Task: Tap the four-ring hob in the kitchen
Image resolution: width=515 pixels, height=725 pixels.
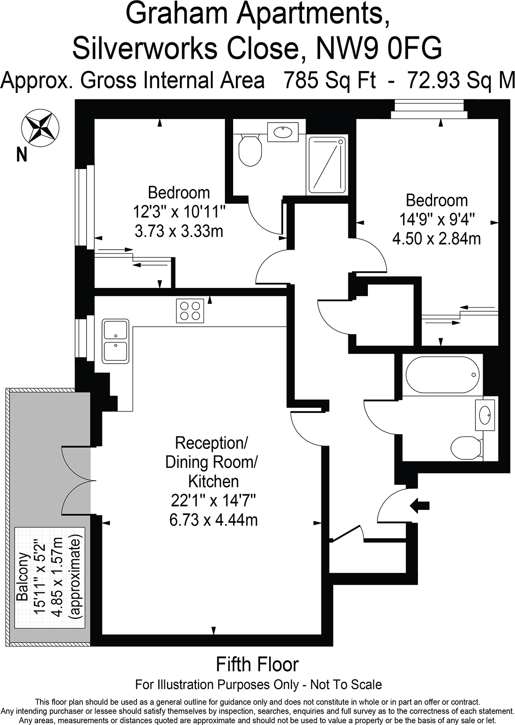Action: (189, 311)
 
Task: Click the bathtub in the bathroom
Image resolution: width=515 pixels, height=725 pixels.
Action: (442, 375)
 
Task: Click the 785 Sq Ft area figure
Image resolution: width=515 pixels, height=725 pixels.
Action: (330, 80)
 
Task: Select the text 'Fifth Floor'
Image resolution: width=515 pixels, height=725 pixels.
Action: (257, 664)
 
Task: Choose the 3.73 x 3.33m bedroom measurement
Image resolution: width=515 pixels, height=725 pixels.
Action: (179, 231)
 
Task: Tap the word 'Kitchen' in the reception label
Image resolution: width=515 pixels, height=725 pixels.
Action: (213, 481)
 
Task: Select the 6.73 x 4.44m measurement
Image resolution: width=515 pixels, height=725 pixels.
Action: (213, 520)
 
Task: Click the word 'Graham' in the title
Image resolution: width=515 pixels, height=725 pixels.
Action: (174, 14)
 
